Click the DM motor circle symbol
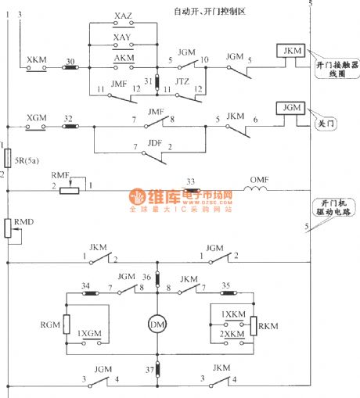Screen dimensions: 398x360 point(158,322)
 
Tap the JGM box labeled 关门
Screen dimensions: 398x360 point(289,108)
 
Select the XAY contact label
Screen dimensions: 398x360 point(122,38)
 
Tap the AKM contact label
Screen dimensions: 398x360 point(123,59)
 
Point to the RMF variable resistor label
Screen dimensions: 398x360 point(61,176)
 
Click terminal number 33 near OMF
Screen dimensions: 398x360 point(189,181)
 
